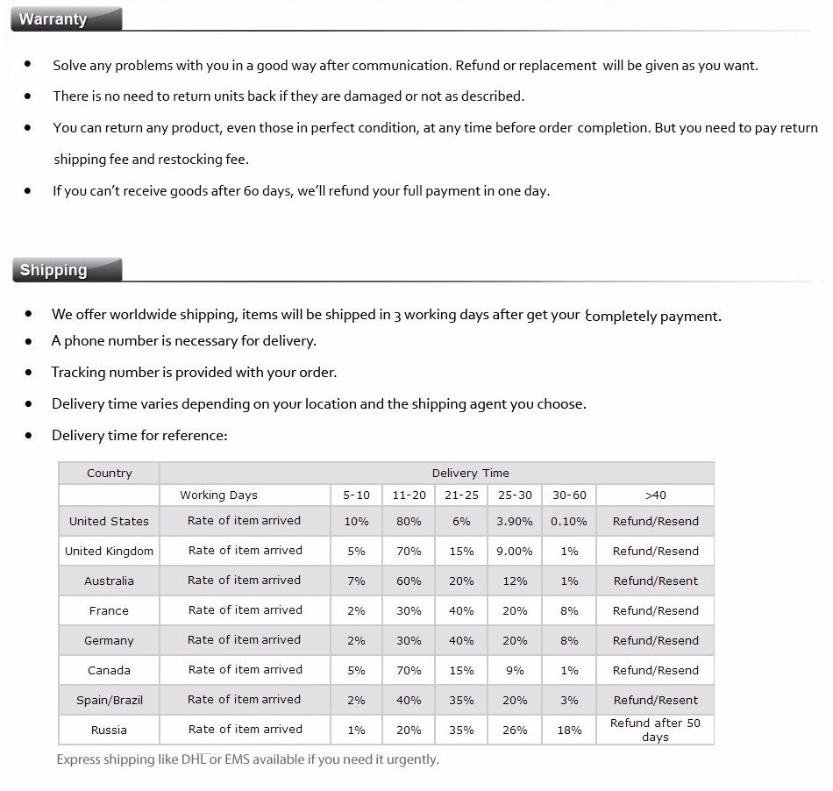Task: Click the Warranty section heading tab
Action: pyautogui.click(x=54, y=19)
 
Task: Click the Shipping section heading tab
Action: pyautogui.click(x=54, y=270)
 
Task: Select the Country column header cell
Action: pyautogui.click(x=110, y=474)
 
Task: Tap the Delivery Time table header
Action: pyautogui.click(x=470, y=474)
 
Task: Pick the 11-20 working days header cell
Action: pyautogui.click(x=409, y=495)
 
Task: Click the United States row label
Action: pyautogui.click(x=110, y=522)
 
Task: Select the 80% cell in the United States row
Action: pyautogui.click(x=409, y=522)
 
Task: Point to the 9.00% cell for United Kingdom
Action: pyautogui.click(x=515, y=552)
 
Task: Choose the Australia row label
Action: pyautogui.click(x=110, y=581)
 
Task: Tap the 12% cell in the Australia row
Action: pyautogui.click(x=515, y=581)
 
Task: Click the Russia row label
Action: pyautogui.click(x=110, y=730)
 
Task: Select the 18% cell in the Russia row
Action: pyautogui.click(x=569, y=730)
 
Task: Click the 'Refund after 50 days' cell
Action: pyautogui.click(x=655, y=730)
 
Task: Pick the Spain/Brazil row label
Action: pyautogui.click(x=110, y=701)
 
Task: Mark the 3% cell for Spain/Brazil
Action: pyautogui.click(x=569, y=701)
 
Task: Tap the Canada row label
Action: pyautogui.click(x=110, y=671)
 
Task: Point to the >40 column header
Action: pyautogui.click(x=655, y=495)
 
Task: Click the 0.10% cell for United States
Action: pyautogui.click(x=569, y=522)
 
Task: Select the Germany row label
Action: pyautogui.click(x=110, y=641)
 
